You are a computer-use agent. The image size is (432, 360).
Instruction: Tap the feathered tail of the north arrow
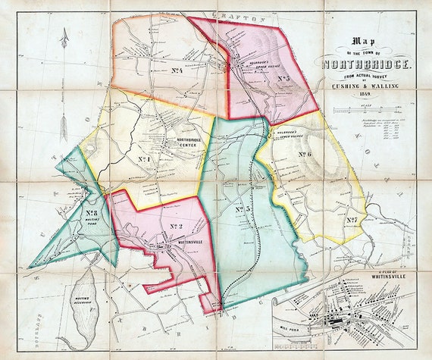coord(64,129)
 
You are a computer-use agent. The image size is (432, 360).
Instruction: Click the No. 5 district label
coord(285,77)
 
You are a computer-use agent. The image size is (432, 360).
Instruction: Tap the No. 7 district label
coord(352,221)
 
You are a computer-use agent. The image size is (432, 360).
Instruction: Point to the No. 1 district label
coord(145,159)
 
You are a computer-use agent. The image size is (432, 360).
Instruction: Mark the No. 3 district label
coord(243,210)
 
